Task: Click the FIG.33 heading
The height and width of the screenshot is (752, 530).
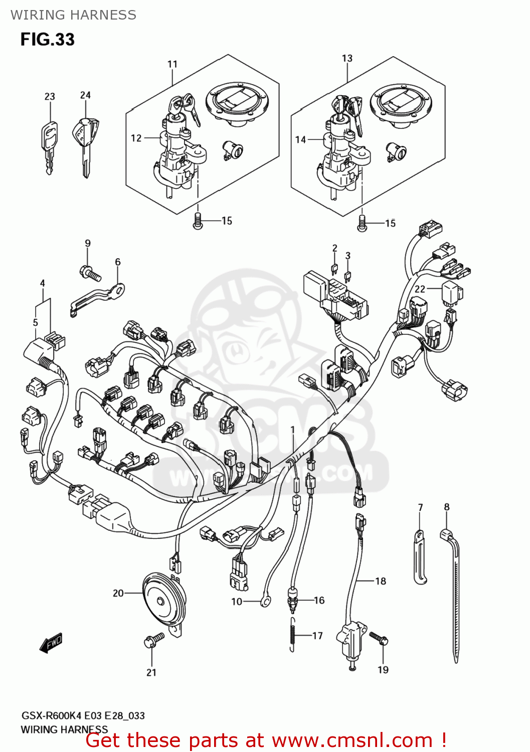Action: tap(47, 40)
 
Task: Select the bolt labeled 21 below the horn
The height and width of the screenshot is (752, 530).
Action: tap(153, 640)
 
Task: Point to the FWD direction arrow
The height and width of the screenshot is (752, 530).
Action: tap(51, 643)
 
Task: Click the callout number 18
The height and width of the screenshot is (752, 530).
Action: tap(381, 581)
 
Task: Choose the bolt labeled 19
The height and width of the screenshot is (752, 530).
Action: tap(380, 638)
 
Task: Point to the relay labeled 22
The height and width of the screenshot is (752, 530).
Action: tap(452, 294)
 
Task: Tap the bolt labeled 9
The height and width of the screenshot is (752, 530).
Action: tap(90, 273)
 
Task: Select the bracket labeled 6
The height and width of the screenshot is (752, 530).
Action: tap(98, 298)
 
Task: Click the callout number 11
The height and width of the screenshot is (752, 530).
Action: tap(172, 64)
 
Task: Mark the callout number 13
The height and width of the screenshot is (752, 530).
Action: tap(347, 58)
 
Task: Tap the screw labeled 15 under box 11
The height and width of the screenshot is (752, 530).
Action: tap(198, 221)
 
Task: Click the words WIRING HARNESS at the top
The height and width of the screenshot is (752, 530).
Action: tap(73, 15)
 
